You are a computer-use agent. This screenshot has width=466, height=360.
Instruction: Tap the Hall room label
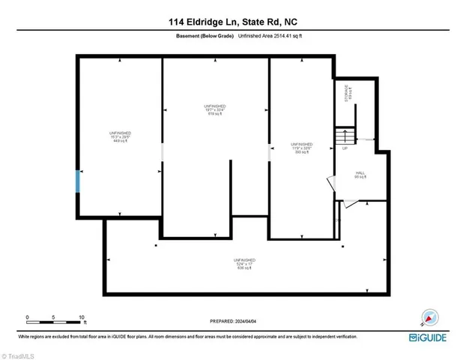coord(360,175)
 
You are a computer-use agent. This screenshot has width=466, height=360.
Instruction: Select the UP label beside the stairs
coord(345,148)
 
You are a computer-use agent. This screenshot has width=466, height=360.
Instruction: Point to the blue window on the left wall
coord(77,181)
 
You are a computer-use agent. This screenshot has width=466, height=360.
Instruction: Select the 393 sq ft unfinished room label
coord(301,147)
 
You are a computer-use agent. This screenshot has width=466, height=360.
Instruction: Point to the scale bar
coord(55,322)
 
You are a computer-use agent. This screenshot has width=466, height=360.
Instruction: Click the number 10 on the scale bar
coord(82,316)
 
